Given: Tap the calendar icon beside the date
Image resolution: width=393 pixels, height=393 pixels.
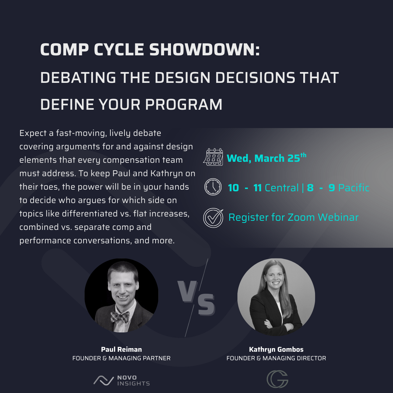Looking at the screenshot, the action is coord(213,157).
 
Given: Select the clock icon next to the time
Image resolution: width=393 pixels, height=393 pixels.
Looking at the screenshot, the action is coord(213,187).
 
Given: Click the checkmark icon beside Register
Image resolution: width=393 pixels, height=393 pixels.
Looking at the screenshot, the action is coord(213,217).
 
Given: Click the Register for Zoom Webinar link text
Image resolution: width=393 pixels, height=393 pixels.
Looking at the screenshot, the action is coord(293,217).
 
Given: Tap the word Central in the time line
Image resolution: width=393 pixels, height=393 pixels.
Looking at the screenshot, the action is coord(281,188).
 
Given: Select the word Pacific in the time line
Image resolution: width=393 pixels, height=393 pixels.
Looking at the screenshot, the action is coord(354,188).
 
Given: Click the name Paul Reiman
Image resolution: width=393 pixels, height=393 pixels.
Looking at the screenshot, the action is coord(122,349).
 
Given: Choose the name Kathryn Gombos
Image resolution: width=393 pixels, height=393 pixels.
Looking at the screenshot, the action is coord(276,349).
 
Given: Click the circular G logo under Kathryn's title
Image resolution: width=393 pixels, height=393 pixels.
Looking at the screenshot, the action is coord(277,379).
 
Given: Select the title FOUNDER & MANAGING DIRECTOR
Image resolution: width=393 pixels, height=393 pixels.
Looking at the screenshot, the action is coord(276,358).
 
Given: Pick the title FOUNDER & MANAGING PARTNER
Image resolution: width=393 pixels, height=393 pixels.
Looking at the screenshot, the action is coord(122,358).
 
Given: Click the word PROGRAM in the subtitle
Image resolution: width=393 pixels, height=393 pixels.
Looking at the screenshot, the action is coord(183,104).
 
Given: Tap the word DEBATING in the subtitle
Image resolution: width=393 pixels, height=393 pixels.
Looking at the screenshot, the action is coord(78,78).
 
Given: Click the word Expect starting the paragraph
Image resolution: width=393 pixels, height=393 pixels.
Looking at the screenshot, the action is coord(33,133).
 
